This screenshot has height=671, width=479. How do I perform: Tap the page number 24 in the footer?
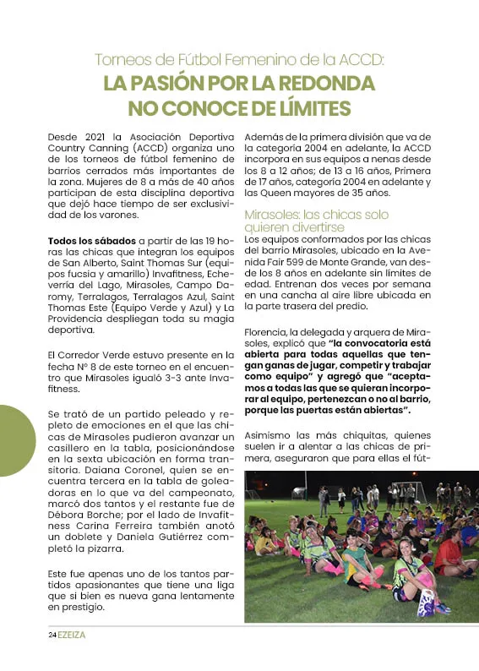(52, 633)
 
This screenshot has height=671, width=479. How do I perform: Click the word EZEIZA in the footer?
(72, 633)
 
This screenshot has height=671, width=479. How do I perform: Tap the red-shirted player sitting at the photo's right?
(449, 554)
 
